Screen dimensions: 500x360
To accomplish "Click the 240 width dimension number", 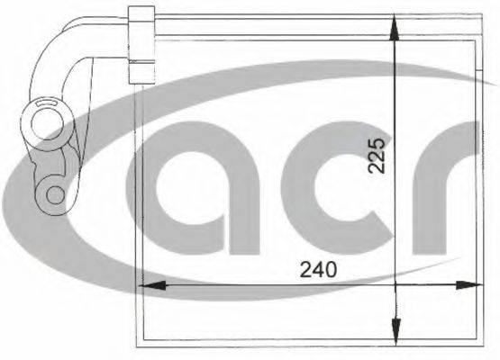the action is click(x=318, y=269).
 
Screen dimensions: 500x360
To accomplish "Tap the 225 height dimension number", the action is click(x=377, y=155).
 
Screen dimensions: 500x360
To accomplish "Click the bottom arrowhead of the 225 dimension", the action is click(x=395, y=331).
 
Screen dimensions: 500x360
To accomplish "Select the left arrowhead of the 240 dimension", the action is click(x=152, y=285).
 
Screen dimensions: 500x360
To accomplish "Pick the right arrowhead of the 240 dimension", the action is click(x=469, y=285).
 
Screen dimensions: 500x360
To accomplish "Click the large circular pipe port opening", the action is click(x=48, y=123).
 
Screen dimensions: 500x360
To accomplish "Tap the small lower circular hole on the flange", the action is click(x=56, y=194).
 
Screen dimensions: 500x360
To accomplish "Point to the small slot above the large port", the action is click(x=47, y=103).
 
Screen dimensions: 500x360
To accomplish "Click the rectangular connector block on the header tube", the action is click(x=141, y=45).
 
